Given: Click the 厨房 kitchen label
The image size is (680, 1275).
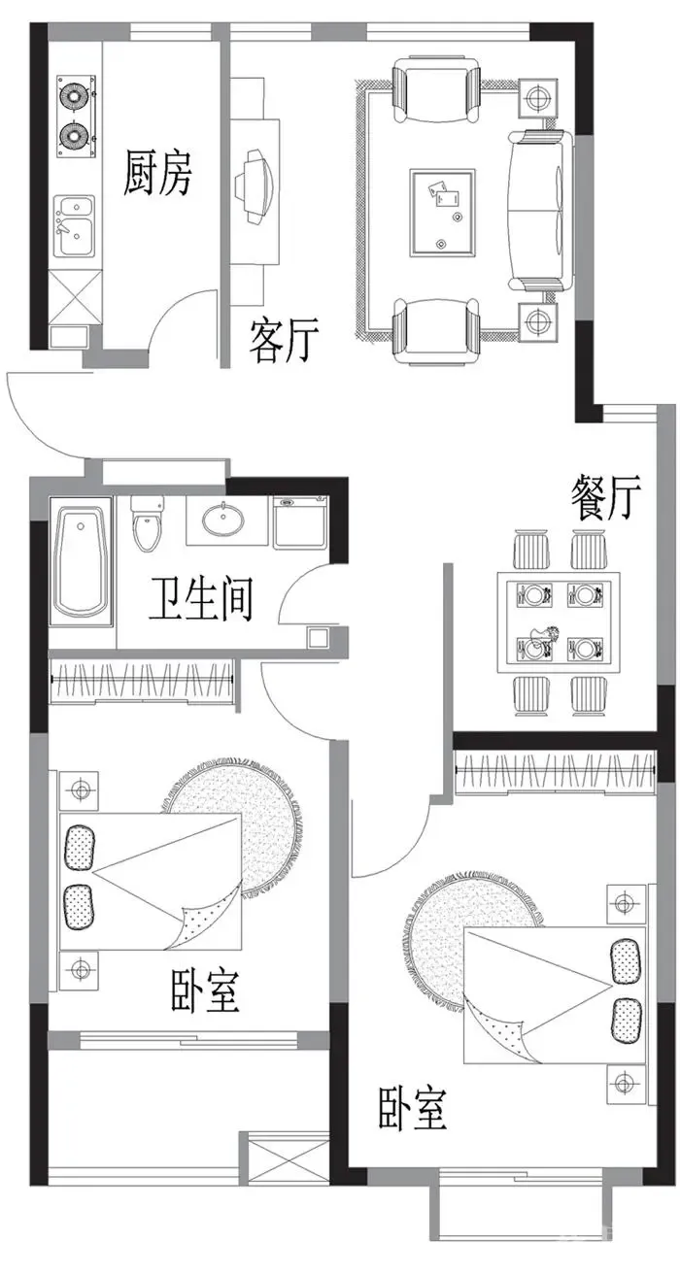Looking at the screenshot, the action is [157, 173].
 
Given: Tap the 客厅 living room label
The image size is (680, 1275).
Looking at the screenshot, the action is [283, 341].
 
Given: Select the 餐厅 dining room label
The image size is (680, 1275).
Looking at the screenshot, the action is [606, 497].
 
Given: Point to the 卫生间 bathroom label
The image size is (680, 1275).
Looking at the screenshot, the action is [200, 599].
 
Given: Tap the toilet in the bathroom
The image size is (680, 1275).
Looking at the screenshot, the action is [147, 522].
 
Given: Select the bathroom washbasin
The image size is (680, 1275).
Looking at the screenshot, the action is [223, 520].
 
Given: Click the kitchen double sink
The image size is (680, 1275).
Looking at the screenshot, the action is [74, 226].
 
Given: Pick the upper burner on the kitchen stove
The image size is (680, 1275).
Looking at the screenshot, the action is [74, 94].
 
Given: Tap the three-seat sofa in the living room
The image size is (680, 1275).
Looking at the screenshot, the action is [540, 210].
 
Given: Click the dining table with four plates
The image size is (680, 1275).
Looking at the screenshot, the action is [559, 622].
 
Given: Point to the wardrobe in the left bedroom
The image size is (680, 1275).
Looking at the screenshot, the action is [143, 681].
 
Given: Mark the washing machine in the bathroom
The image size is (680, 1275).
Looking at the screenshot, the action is [300, 522].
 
